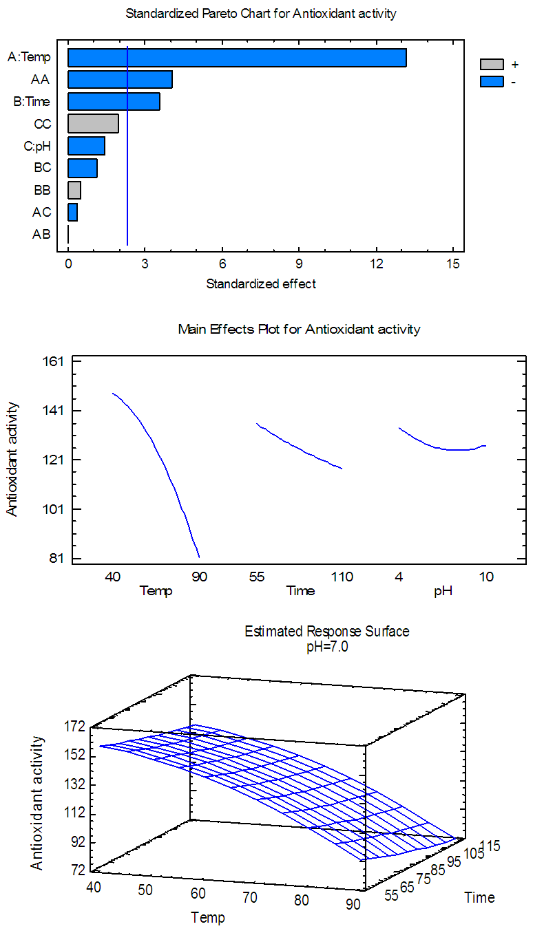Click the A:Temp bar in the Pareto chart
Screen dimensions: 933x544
[x=237, y=58]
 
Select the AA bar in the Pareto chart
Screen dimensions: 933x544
[x=120, y=80]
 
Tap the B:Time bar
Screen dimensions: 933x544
[x=114, y=102]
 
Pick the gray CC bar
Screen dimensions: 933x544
[x=93, y=124]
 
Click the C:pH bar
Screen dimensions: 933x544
[x=86, y=146]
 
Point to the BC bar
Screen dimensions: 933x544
[x=83, y=168]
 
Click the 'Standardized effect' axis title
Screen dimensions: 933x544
[x=261, y=283]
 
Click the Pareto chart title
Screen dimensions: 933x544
[x=261, y=13]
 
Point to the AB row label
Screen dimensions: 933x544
[x=41, y=234]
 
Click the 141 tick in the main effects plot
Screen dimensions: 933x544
[x=54, y=411]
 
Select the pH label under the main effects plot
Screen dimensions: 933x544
[x=443, y=590]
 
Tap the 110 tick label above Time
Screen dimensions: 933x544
[x=342, y=577]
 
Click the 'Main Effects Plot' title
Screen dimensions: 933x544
[x=299, y=329]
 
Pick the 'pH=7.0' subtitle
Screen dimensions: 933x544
[x=327, y=645]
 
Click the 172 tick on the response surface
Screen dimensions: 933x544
[x=75, y=726]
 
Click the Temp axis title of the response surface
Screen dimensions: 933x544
[x=207, y=916]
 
